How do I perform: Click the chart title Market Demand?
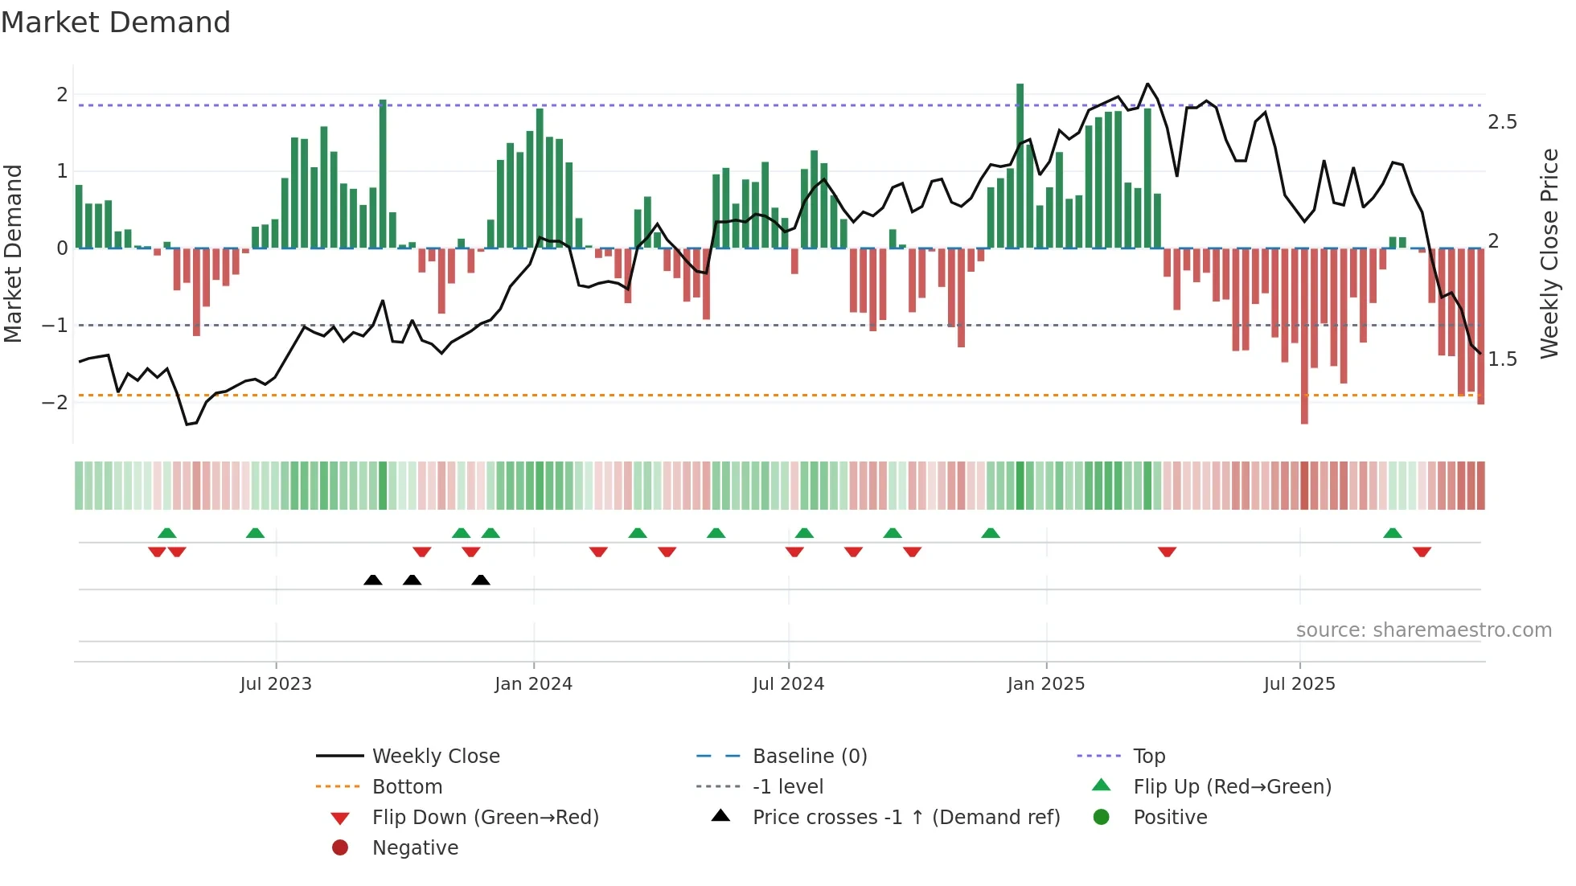[x=116, y=23]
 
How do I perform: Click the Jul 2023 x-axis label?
[x=276, y=684]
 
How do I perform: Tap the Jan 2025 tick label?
[x=1045, y=684]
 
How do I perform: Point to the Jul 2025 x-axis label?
[x=1299, y=684]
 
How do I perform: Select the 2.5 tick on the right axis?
[x=1501, y=122]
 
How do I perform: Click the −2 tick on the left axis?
[x=55, y=402]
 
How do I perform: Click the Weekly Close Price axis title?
[x=1549, y=253]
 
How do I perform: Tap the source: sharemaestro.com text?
[x=1423, y=630]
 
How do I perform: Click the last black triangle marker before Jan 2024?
[x=481, y=580]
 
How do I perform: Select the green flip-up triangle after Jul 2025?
[x=1393, y=533]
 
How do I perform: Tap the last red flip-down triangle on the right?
[x=1422, y=552]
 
